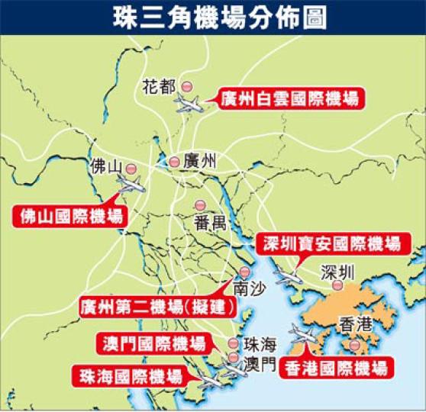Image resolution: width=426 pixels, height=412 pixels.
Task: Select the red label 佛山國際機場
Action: point(68,216)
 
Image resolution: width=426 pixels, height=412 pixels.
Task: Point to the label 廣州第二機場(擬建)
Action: point(157,310)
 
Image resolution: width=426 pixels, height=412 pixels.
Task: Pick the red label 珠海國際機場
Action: point(128,376)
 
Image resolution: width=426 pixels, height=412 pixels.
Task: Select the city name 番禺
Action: point(206,224)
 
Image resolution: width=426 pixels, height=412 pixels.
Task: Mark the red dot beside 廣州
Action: point(175,161)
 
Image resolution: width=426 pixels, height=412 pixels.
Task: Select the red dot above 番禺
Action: point(199,204)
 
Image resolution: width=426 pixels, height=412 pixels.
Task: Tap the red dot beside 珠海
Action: point(233,344)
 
